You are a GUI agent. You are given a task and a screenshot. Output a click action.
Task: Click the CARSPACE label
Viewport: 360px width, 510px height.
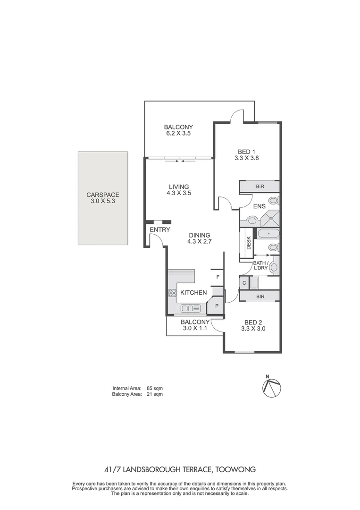102,195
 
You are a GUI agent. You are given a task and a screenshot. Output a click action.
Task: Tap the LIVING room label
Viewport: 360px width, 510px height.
178,187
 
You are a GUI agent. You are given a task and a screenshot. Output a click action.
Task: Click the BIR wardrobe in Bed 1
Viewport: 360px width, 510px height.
260,187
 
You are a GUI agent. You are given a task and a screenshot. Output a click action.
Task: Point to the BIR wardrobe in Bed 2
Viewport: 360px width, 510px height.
260,297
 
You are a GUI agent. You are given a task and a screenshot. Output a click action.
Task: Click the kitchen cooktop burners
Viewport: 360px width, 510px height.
172,293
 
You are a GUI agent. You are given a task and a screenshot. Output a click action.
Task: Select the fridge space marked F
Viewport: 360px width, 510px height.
218,277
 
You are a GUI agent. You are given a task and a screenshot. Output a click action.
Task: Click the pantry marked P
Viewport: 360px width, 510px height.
217,306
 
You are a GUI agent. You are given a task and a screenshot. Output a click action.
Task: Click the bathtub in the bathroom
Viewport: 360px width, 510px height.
268,233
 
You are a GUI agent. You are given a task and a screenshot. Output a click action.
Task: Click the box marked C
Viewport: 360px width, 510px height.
244,283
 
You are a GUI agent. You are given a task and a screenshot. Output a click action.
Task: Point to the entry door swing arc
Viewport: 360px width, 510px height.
159,240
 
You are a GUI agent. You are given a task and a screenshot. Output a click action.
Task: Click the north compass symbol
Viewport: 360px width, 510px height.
271,386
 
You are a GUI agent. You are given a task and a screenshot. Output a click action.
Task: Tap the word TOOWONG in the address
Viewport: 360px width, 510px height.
237,470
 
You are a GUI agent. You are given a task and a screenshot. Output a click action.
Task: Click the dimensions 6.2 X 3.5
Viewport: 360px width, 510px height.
178,134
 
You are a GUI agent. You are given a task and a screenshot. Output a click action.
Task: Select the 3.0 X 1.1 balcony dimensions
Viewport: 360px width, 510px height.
195,329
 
